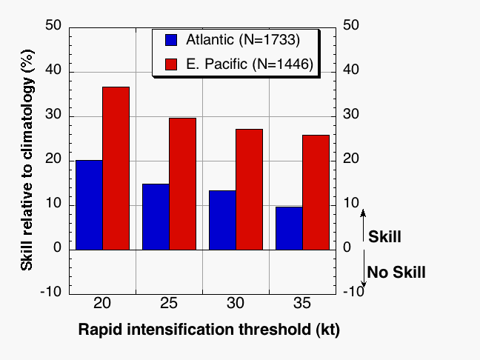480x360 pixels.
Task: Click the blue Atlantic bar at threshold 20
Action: tap(89, 205)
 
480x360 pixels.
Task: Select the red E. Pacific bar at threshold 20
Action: tap(116, 168)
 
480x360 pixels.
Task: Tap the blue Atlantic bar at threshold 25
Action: tap(156, 217)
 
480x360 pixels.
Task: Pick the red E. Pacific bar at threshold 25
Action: tap(183, 184)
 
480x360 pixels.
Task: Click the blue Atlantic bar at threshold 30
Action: tap(222, 221)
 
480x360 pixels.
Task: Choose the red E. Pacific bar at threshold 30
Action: tap(250, 190)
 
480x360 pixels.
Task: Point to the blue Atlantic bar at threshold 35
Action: tap(290, 228)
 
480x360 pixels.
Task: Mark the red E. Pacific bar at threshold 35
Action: tap(316, 193)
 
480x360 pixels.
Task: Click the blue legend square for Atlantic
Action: tap(171, 40)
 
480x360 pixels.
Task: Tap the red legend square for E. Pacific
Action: tap(171, 64)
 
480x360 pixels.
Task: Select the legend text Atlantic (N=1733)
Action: tap(243, 40)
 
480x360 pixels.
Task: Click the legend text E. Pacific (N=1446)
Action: tap(250, 64)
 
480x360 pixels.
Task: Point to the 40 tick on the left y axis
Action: tap(53, 70)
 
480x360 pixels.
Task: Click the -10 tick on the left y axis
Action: tap(51, 291)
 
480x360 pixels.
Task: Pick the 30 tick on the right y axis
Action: tap(351, 114)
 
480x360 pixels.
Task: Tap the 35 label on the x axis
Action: tap(301, 304)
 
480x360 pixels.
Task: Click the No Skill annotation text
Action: tap(396, 272)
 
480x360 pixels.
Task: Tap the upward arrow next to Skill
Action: tap(363, 226)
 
